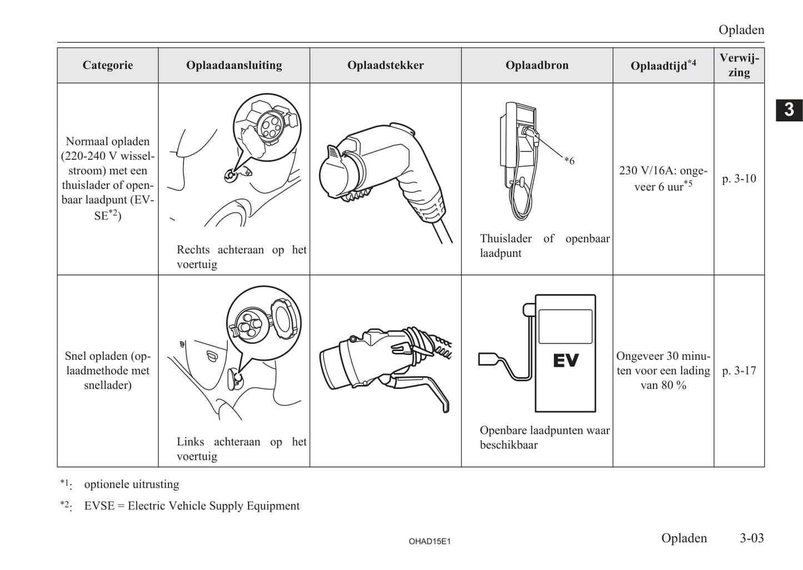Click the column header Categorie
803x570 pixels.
(x=108, y=66)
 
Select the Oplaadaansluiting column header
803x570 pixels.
(x=234, y=66)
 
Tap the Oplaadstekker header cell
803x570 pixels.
(x=386, y=66)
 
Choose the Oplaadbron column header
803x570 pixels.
(x=537, y=66)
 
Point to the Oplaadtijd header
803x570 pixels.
(x=663, y=66)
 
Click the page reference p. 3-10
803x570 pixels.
(x=739, y=179)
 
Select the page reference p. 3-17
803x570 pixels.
(x=739, y=371)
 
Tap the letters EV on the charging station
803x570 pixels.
(x=566, y=361)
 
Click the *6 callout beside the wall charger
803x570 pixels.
(x=569, y=161)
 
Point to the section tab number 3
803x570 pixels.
(x=789, y=109)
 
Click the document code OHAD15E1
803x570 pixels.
(x=430, y=541)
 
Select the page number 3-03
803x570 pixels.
(x=751, y=538)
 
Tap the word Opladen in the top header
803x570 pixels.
(x=741, y=30)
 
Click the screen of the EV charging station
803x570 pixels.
(x=566, y=327)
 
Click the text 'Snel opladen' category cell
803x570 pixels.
(x=108, y=371)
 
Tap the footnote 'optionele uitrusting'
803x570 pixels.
(x=132, y=484)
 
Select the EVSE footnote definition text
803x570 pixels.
(x=192, y=506)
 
